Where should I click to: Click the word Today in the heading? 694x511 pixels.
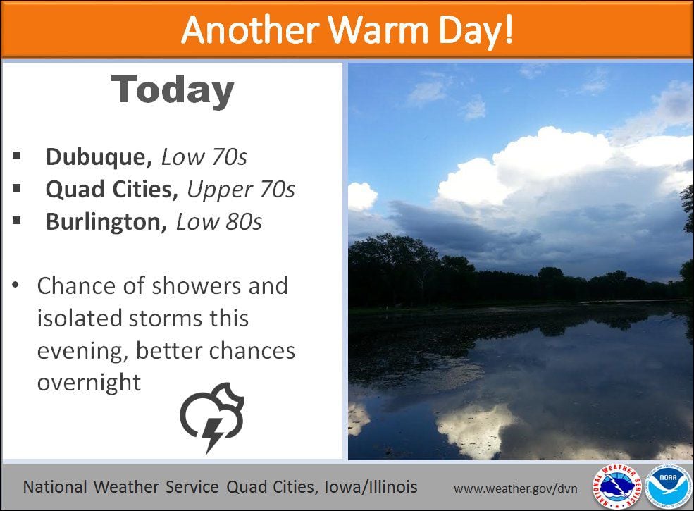click(x=172, y=91)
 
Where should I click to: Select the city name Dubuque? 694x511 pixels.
click(x=96, y=157)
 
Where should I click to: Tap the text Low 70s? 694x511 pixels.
click(x=204, y=156)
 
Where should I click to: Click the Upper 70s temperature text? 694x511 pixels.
click(x=241, y=190)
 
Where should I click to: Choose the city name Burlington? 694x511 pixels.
click(x=106, y=222)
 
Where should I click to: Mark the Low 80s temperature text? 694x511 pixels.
click(x=218, y=222)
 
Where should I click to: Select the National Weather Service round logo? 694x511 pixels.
click(x=617, y=486)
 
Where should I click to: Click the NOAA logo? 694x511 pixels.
click(x=667, y=486)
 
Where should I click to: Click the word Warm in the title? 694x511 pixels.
click(x=379, y=30)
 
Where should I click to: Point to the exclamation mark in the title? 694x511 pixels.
click(x=508, y=29)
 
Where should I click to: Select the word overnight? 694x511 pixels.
click(x=89, y=383)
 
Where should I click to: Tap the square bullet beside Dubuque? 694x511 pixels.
click(x=17, y=156)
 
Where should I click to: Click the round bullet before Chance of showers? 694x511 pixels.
click(x=16, y=285)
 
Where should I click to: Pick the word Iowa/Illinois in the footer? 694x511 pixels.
click(x=371, y=487)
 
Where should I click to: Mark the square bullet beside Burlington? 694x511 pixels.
click(x=17, y=221)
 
